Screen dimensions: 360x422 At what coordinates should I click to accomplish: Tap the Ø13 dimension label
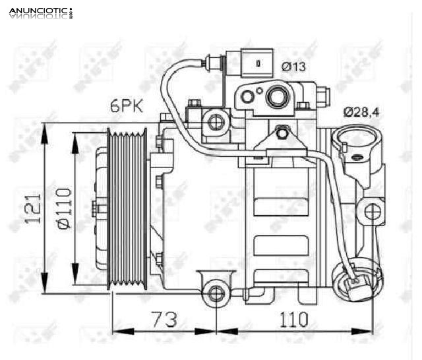coord(294,66)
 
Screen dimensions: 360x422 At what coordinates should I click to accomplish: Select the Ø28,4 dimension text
coord(361,112)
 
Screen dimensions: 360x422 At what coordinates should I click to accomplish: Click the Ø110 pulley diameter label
coord(64,208)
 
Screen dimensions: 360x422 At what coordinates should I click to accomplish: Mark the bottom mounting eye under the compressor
coord(214,293)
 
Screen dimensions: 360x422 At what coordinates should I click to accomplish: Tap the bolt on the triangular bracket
coord(282,134)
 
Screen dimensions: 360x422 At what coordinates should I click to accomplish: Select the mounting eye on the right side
coord(373,212)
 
